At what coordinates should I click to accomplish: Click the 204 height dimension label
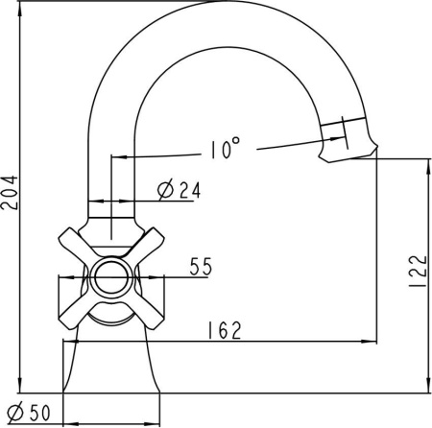click(x=9, y=193)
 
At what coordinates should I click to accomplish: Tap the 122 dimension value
click(x=419, y=272)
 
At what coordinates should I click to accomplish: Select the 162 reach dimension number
click(x=225, y=330)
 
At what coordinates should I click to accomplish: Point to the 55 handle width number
click(x=201, y=266)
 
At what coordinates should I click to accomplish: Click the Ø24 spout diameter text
click(x=180, y=191)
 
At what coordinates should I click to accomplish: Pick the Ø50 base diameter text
click(x=29, y=413)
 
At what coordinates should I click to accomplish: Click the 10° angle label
click(x=225, y=149)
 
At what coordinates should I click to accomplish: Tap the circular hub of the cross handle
click(x=111, y=278)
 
